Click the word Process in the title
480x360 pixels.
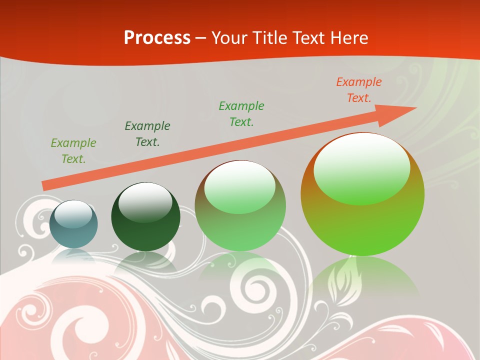pos(157,38)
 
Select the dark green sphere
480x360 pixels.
pos(145,225)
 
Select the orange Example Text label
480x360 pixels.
pos(358,90)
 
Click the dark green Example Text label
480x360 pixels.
pos(147,133)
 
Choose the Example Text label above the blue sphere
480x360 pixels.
pos(73,151)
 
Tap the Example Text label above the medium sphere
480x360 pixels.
pos(241,113)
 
